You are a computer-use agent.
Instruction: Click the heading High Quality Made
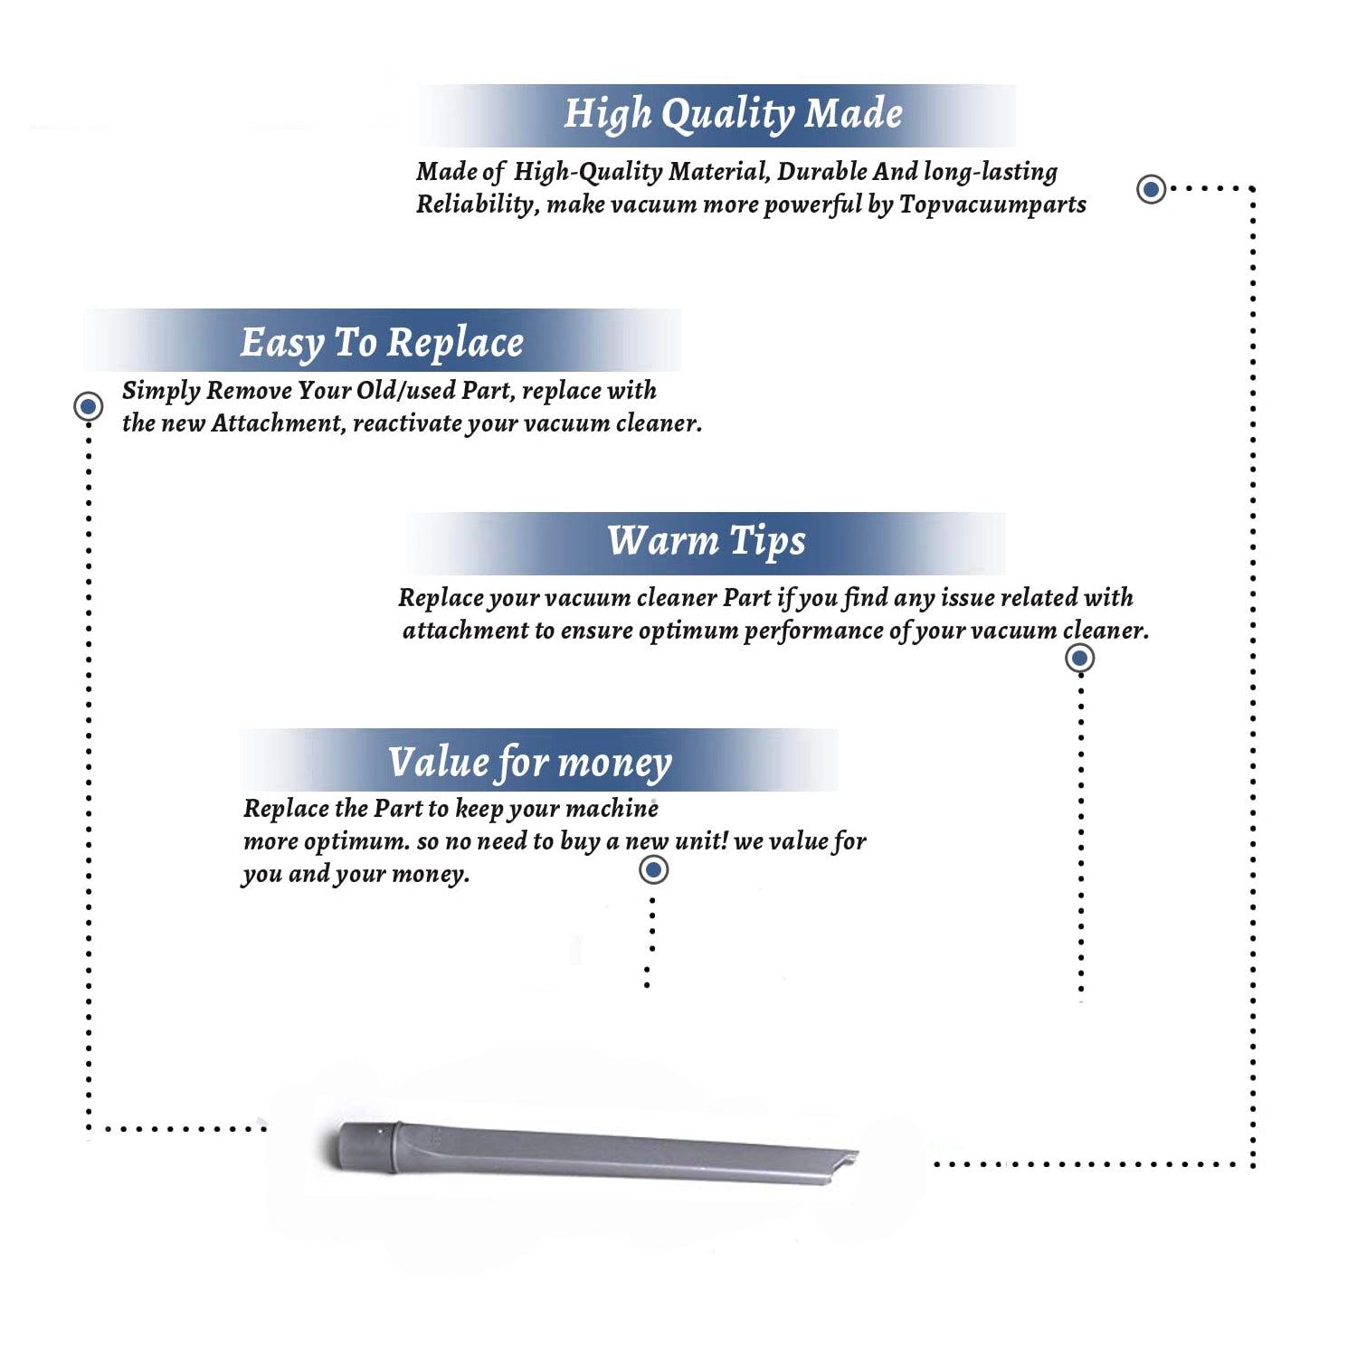tap(733, 115)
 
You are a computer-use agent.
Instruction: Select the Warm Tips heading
tap(706, 542)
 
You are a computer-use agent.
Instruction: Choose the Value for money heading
tap(530, 763)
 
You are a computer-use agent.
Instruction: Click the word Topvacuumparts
tap(992, 205)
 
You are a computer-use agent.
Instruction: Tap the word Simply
tap(161, 392)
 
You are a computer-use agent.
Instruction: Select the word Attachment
tap(279, 423)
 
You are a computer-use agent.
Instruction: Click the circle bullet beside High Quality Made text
tap(1151, 189)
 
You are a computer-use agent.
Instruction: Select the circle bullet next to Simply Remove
tap(89, 406)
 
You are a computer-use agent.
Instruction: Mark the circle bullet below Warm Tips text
tap(1079, 658)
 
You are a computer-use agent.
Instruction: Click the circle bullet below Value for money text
tap(653, 870)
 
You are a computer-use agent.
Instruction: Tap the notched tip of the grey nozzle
tap(850, 1160)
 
